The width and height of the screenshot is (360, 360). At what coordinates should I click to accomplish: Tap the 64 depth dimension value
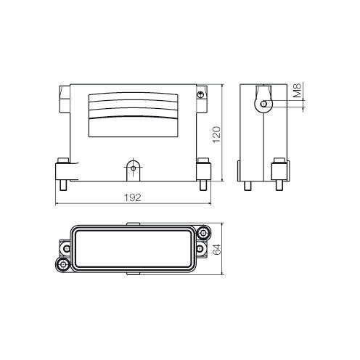pyautogui.click(x=216, y=249)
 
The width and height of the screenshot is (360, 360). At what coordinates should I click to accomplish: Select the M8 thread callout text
pyautogui.click(x=298, y=92)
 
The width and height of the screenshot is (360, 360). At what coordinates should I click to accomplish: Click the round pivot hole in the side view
pyautogui.click(x=263, y=105)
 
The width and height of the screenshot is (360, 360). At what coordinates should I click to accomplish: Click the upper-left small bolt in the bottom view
pyautogui.click(x=67, y=247)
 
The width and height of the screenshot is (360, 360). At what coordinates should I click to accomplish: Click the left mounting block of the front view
pyautogui.click(x=62, y=171)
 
